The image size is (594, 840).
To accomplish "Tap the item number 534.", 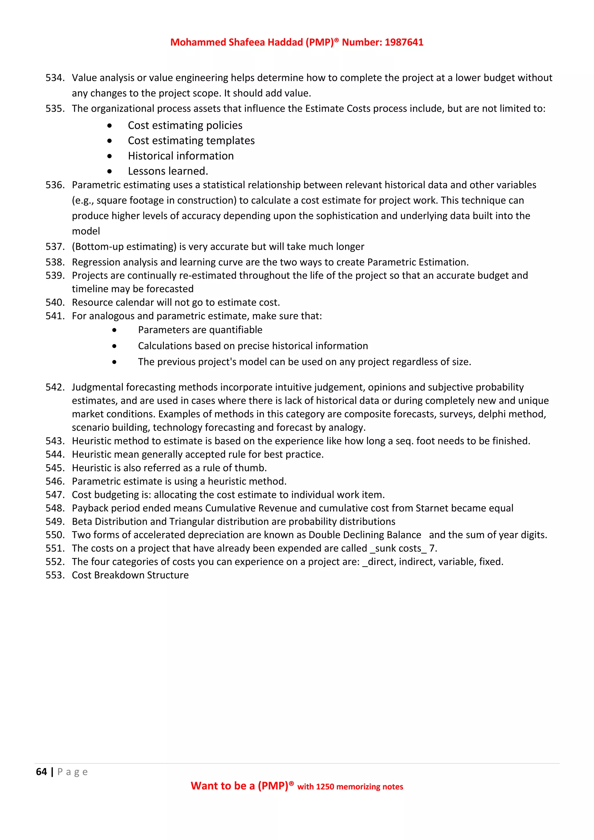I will point(55,78).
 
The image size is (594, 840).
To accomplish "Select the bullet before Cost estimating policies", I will point(110,126).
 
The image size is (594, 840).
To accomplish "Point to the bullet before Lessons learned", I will point(110,171).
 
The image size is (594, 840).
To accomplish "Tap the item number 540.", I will point(55,303).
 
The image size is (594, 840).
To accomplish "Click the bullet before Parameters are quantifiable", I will point(115,330).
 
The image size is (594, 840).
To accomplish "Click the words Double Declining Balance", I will point(365,535).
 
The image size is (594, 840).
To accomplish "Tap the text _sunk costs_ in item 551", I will point(398,548).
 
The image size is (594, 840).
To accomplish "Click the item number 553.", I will point(55,575).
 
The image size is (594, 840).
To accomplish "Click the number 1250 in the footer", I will point(325,787).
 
